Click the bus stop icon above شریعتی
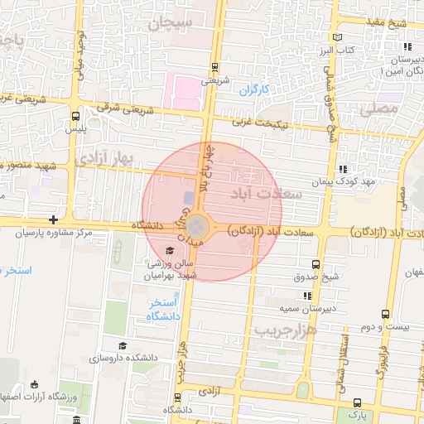215,66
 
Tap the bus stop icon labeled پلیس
76,116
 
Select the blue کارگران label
255,89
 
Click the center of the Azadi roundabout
197,225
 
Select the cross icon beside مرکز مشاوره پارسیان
54,219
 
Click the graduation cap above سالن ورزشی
171,251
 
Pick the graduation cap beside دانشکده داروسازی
123,345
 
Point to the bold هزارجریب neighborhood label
286,330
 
